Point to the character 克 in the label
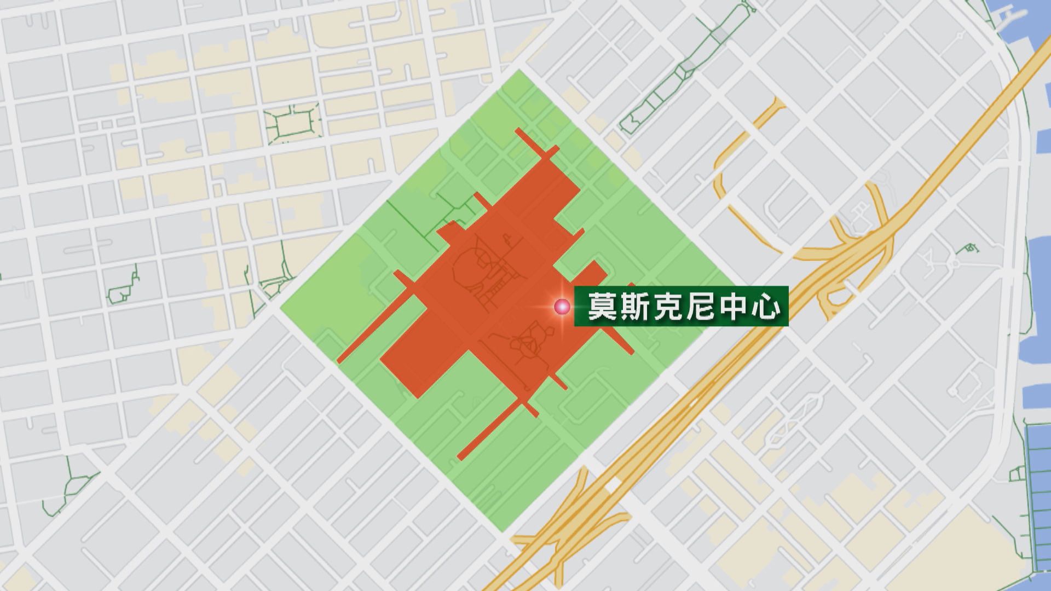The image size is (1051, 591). click(x=668, y=306)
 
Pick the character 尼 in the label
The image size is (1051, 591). click(x=701, y=306)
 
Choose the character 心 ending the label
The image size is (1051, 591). click(x=766, y=306)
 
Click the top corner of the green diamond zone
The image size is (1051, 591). click(x=518, y=71)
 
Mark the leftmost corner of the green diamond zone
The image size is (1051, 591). click(x=281, y=308)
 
